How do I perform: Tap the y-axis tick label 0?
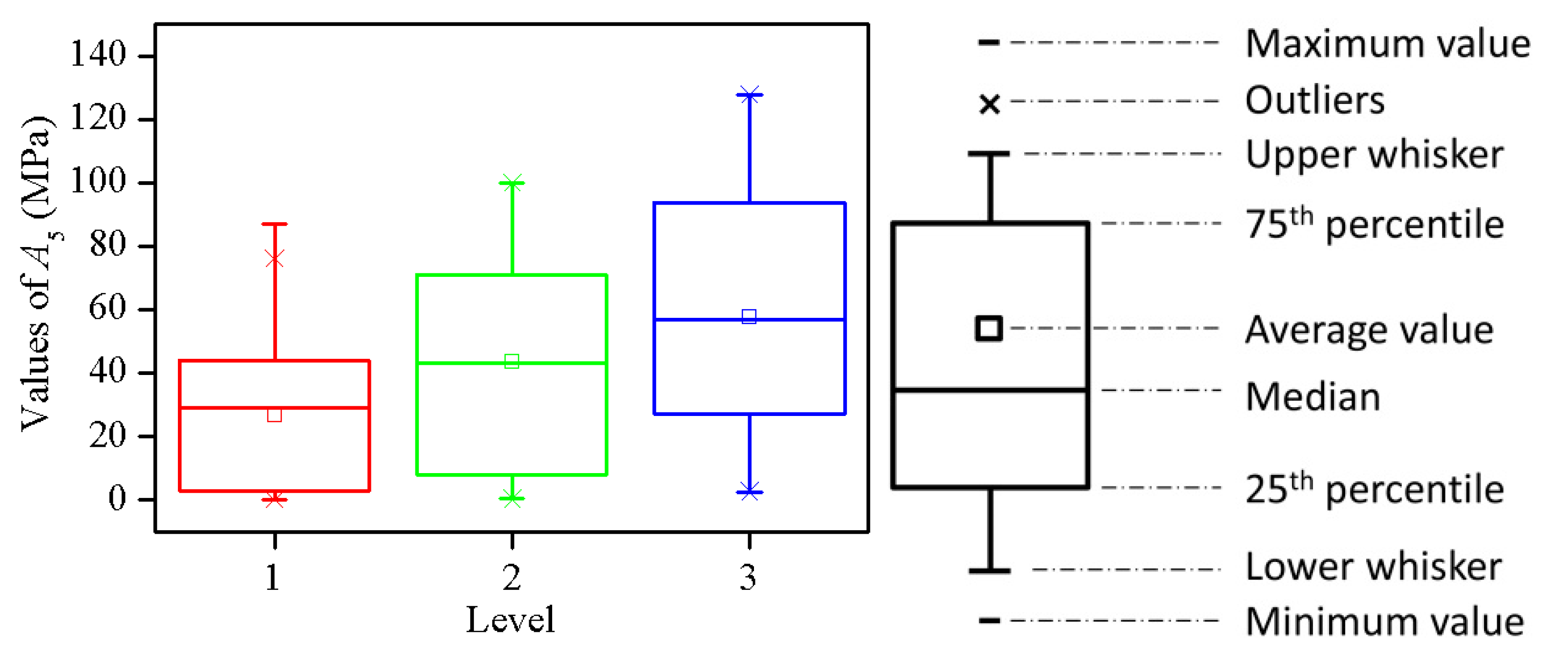(117, 498)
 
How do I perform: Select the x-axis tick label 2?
(512, 578)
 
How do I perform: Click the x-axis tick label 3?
(748, 578)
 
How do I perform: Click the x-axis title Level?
(510, 620)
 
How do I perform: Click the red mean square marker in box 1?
(275, 415)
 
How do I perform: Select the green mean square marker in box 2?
(512, 361)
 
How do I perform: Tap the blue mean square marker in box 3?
(749, 316)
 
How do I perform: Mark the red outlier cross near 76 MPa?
(275, 259)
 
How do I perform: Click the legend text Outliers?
(1315, 101)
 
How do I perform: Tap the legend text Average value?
(1369, 330)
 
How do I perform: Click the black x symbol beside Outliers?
(989, 104)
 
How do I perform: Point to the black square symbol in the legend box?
(989, 329)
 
